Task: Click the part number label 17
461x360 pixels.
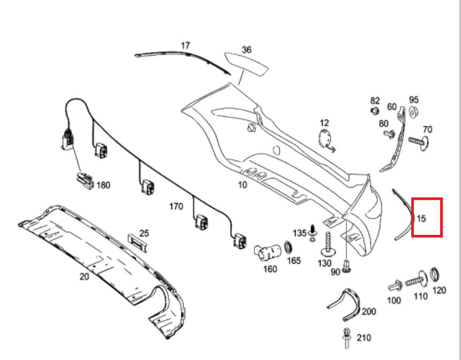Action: [185, 46]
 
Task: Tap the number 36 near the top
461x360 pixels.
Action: [246, 50]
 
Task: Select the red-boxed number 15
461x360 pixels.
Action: [421, 218]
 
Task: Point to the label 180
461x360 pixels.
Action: [103, 186]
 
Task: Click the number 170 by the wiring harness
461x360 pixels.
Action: [176, 206]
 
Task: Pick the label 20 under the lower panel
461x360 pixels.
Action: [84, 277]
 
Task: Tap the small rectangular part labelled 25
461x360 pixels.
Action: [137, 242]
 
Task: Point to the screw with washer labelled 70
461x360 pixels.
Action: [419, 141]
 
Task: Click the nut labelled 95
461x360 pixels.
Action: [413, 112]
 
